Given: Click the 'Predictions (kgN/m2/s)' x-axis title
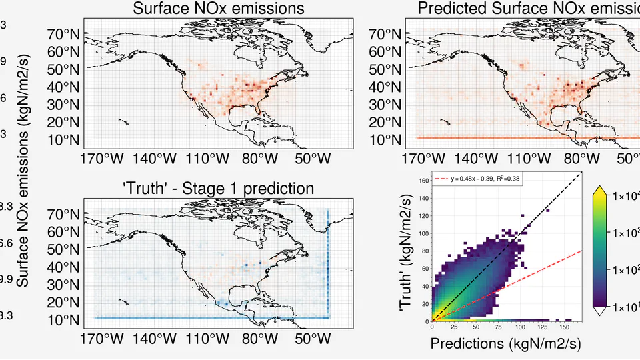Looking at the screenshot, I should click(x=507, y=344).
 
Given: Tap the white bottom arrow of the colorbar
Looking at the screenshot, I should click(x=599, y=310).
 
